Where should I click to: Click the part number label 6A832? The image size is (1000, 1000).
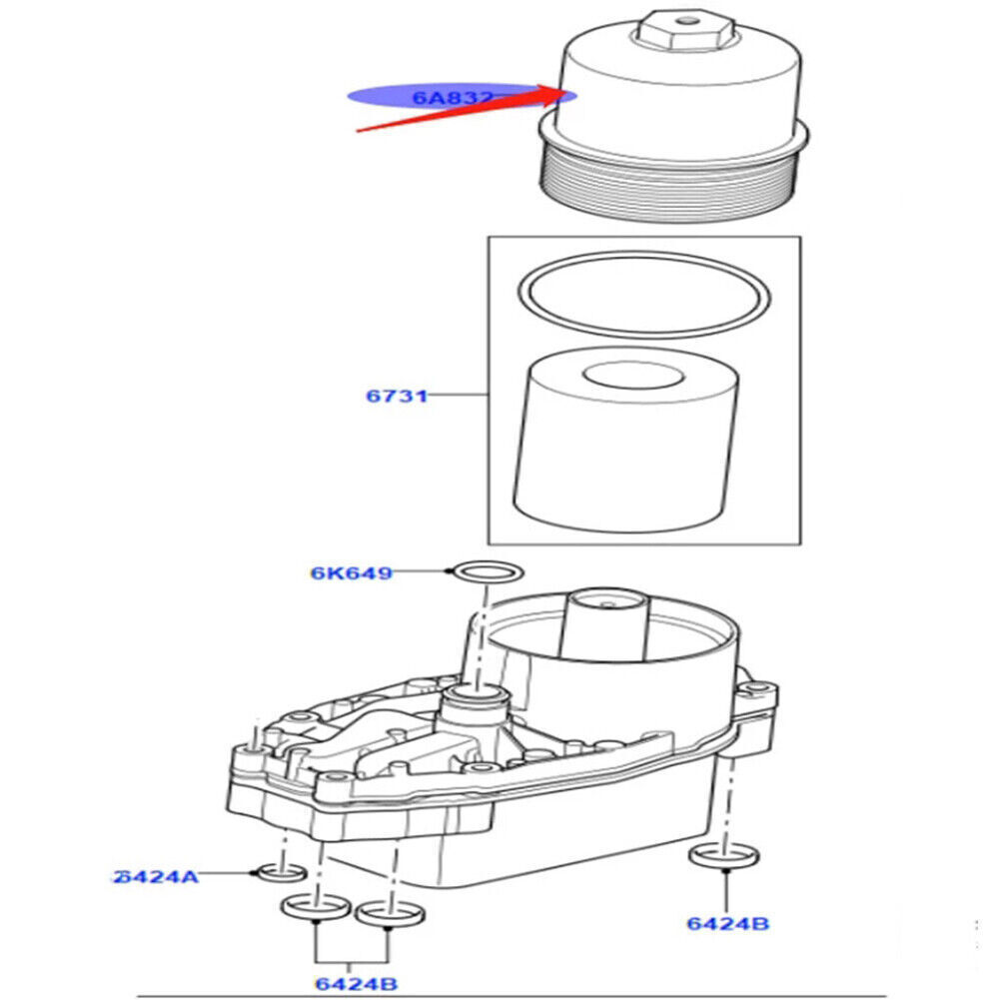click(453, 98)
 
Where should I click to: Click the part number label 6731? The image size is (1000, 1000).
click(396, 396)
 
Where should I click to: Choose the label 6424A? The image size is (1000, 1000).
click(156, 876)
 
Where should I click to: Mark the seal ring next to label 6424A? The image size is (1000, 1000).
click(281, 873)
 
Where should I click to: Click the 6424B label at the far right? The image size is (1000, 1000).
click(727, 922)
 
